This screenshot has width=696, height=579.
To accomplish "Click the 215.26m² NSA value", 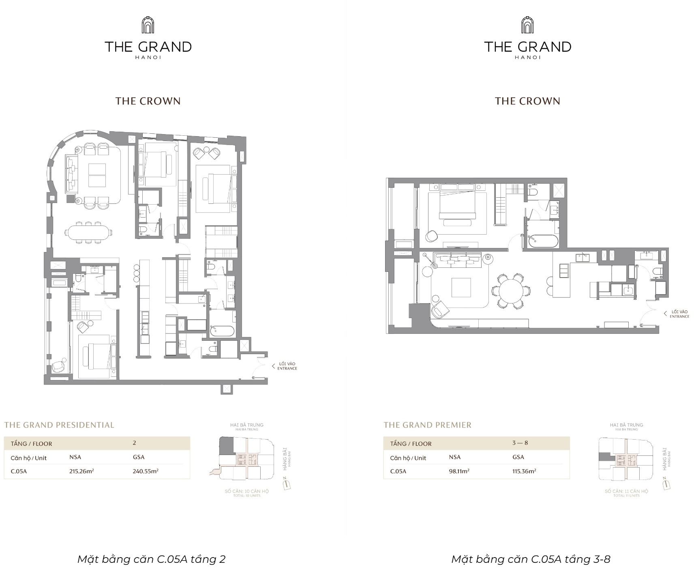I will pos(81,471).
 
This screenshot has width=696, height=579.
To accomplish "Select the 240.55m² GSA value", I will pos(146,471).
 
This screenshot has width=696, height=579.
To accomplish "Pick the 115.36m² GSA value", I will pos(524,471).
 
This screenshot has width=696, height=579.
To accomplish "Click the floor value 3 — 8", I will pos(520,443).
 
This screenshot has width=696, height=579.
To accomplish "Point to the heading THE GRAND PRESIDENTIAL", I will pos(59,425).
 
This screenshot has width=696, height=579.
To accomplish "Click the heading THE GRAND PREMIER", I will pos(427,425).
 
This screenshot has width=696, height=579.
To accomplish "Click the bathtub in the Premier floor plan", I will pos(542,241).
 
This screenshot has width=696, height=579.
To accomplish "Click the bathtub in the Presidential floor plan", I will pos(222,331).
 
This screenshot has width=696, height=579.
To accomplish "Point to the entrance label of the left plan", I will pos(287,366).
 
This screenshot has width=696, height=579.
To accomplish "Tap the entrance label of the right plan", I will pos(679,314).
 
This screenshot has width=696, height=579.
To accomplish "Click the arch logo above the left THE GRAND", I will pos(148,26).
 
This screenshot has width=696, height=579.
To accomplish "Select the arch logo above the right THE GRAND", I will pos(527,26).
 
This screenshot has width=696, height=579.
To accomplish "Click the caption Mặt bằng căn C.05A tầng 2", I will pos(151,560).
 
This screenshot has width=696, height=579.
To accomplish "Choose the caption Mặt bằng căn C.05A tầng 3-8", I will pos(531,560).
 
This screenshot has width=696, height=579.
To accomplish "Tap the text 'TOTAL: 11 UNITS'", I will pos(626,496).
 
